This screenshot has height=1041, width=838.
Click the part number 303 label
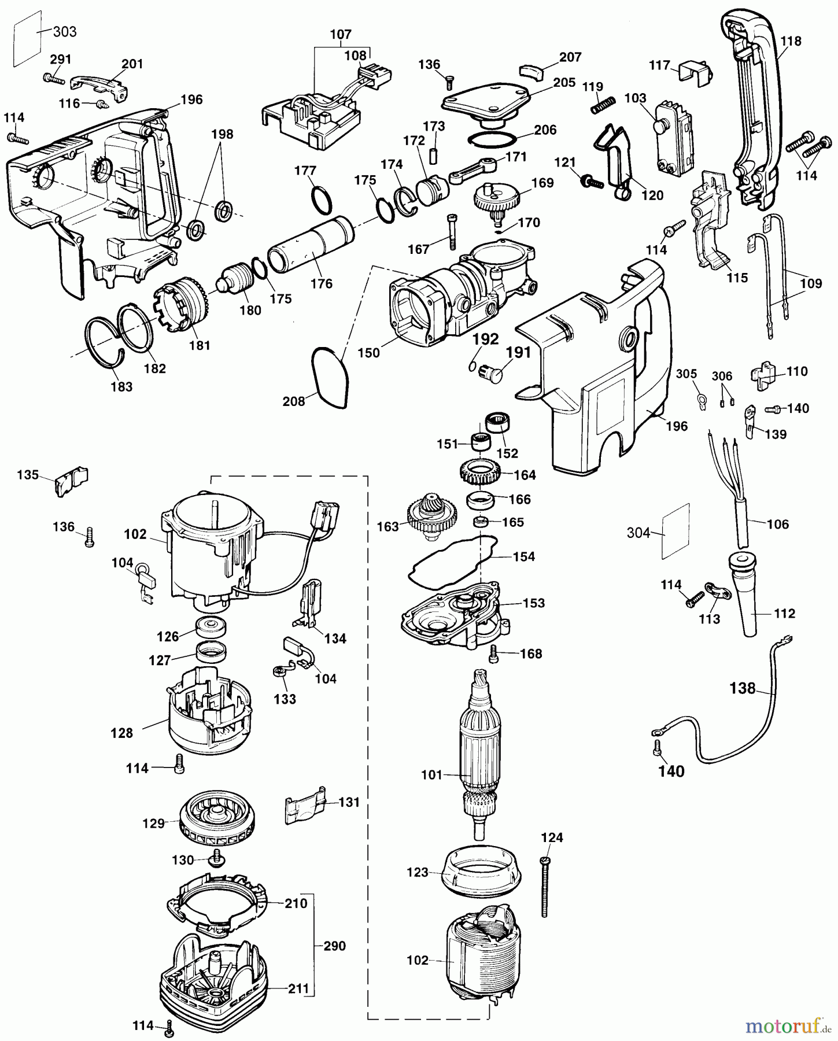coord(65,31)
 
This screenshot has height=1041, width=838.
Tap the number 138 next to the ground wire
coord(743,688)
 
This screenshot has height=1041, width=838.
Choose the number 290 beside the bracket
coord(335,946)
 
